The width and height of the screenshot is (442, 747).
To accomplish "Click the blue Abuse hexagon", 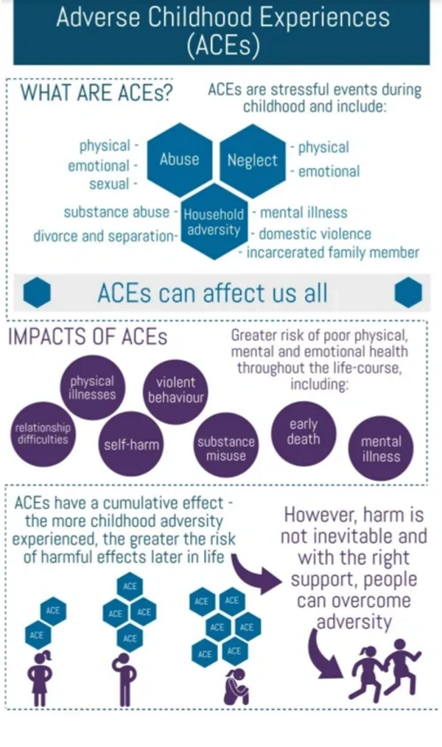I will tap(179, 159).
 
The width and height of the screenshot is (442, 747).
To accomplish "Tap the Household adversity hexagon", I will tap(213, 222).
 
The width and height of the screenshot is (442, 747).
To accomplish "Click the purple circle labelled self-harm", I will tap(131, 444).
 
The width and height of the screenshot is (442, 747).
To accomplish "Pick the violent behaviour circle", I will tap(175, 390).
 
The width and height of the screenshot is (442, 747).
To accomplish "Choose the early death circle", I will tap(304, 432).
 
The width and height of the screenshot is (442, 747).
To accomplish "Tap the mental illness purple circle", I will tap(381, 449).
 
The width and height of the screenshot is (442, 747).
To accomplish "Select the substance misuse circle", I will tap(225, 448).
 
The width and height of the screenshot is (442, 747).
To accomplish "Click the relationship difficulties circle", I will tap(43, 433).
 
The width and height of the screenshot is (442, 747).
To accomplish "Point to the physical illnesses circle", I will tap(93, 387).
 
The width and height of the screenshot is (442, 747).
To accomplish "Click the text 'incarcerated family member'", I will tap(332, 253).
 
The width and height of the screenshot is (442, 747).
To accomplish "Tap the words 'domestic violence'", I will tap(315, 234).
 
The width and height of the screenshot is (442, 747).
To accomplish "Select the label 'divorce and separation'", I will tap(102, 236).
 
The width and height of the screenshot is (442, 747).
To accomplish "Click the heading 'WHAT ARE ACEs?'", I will tap(97, 94).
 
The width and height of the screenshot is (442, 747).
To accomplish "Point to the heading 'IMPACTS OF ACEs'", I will tap(88, 337).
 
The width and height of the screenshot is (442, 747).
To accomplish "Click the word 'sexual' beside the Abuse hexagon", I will tap(109, 184).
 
